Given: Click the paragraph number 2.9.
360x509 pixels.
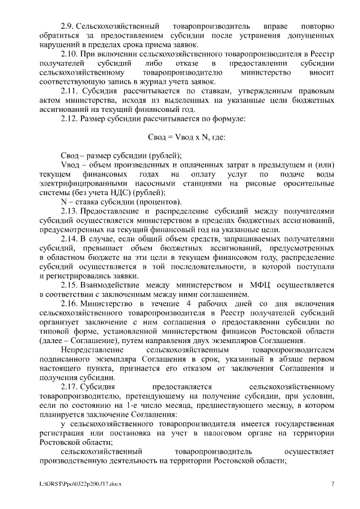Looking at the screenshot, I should point(67,26).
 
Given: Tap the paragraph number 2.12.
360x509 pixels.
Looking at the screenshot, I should point(69,119).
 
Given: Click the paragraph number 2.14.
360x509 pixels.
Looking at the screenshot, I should point(69,238).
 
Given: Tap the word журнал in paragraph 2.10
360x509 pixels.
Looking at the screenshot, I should point(131,83).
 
